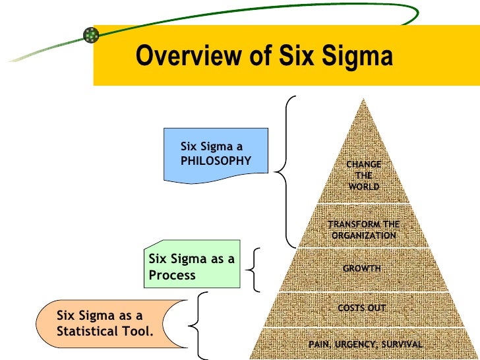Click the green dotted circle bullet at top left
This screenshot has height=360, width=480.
[x=90, y=36]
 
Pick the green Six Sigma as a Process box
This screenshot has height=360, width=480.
[x=192, y=267]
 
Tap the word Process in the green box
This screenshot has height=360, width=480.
[x=172, y=275]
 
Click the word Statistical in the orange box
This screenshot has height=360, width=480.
[x=88, y=330]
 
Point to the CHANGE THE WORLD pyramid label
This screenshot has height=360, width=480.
[x=364, y=175]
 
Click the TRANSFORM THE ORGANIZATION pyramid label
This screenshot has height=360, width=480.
[x=364, y=230]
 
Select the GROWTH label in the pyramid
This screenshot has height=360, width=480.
[x=362, y=268]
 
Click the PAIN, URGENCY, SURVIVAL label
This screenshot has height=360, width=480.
[x=365, y=345]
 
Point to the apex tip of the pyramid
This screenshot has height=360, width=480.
[x=363, y=100]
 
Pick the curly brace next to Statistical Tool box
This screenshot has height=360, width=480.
[x=197, y=324]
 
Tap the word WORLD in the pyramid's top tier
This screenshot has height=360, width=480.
[x=364, y=187]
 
